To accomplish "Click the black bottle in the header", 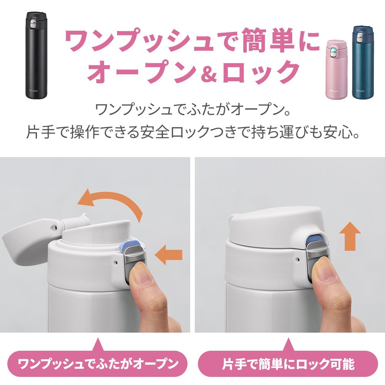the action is click(x=36, y=55).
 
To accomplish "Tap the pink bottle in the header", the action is click(x=337, y=70).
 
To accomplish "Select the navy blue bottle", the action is click(x=363, y=62).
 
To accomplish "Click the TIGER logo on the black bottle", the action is click(x=33, y=91).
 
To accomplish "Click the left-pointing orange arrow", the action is click(x=169, y=254).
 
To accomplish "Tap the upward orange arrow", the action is click(x=350, y=236).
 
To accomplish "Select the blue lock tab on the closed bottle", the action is click(x=315, y=239).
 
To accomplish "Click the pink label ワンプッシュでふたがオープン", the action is click(x=97, y=364).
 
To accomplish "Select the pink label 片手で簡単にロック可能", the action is click(x=288, y=364).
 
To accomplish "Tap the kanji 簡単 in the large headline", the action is click(x=268, y=40).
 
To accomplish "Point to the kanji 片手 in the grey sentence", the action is click(x=41, y=132).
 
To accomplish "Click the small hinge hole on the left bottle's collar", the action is click(x=116, y=263).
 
